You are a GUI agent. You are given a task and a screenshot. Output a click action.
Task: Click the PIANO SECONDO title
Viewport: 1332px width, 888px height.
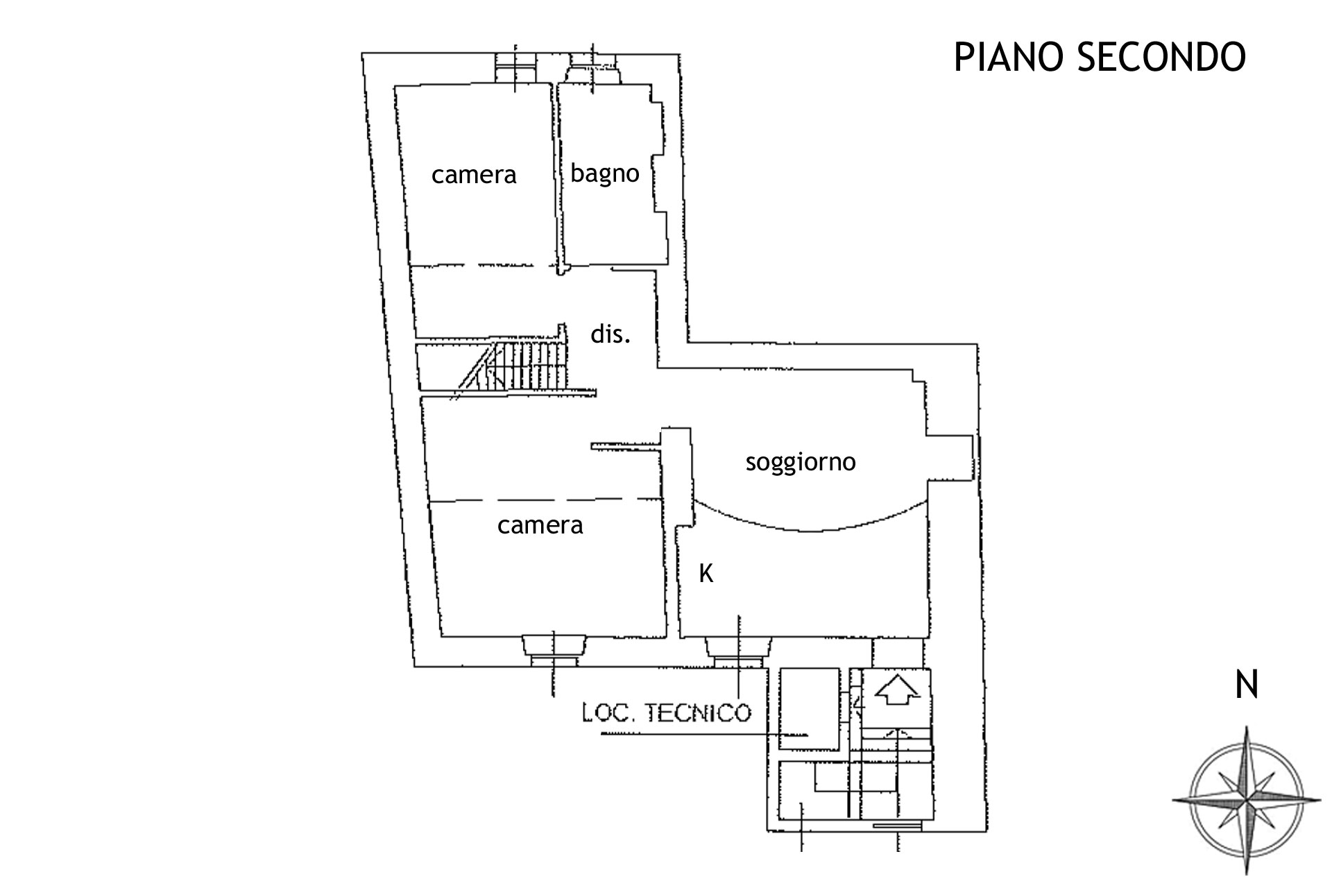[1100, 57]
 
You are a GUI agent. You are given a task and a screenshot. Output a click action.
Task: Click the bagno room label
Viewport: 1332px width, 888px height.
[604, 173]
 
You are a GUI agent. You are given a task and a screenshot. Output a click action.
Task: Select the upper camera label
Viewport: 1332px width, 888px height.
[474, 175]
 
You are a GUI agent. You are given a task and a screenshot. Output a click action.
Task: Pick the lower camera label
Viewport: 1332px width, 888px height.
[540, 525]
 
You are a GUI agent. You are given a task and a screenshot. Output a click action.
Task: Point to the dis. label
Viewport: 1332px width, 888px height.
[610, 335]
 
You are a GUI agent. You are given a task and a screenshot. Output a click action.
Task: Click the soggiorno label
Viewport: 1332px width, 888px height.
[801, 461]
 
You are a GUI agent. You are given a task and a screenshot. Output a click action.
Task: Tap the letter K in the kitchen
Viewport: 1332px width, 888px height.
[706, 574]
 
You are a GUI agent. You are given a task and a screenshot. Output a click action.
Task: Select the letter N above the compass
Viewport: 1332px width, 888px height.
[1247, 685]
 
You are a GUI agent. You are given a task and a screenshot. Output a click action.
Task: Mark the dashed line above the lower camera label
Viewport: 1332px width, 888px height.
[545, 499]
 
